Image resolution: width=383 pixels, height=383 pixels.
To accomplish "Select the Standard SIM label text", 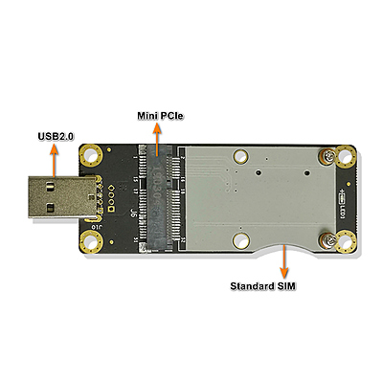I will pos(262,285).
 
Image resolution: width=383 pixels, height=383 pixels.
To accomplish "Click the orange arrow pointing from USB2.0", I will pos(55,160).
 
